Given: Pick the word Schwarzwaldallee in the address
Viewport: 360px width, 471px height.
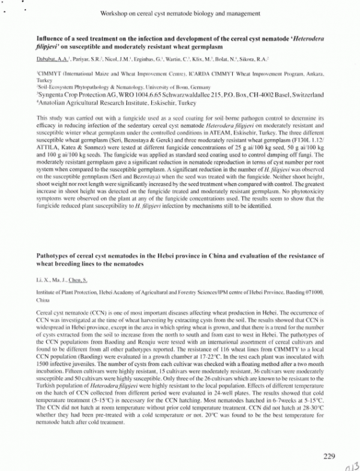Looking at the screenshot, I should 180,94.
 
